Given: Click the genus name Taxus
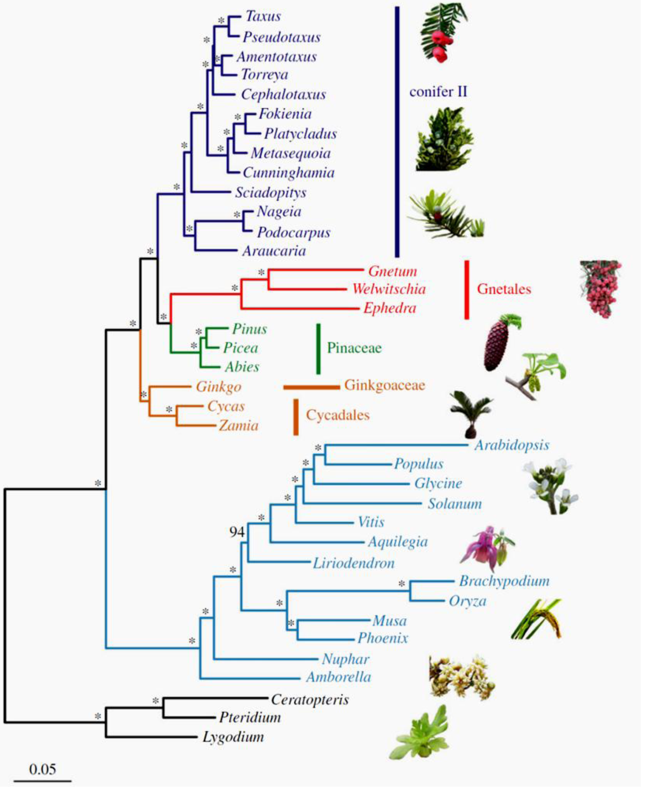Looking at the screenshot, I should pyautogui.click(x=263, y=17).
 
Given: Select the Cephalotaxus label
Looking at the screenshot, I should pyautogui.click(x=283, y=94).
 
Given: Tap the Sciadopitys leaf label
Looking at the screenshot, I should pyautogui.click(x=271, y=192).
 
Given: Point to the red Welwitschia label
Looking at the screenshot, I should pyautogui.click(x=389, y=289).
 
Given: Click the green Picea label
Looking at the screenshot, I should pyautogui.click(x=241, y=348).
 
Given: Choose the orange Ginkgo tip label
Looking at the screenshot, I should pyautogui.click(x=219, y=386).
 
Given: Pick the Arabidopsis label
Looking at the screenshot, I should pyautogui.click(x=511, y=445).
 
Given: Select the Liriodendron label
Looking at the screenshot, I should pyautogui.click(x=354, y=563).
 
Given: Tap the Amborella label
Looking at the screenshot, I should pyautogui.click(x=338, y=677).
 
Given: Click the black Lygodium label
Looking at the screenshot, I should pyautogui.click(x=233, y=737).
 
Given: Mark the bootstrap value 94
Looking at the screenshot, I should pyautogui.click(x=237, y=532).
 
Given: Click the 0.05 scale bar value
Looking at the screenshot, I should pyautogui.click(x=43, y=769).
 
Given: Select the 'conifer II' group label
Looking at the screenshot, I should pyautogui.click(x=438, y=92).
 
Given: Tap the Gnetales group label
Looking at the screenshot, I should pyautogui.click(x=504, y=289).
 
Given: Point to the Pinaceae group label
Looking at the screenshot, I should pyautogui.click(x=354, y=348).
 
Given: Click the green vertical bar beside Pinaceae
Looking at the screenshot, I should pyautogui.click(x=319, y=349).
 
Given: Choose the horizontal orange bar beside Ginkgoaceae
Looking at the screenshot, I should pyautogui.click(x=311, y=387).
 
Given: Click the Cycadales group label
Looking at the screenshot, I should pyautogui.click(x=338, y=415).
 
